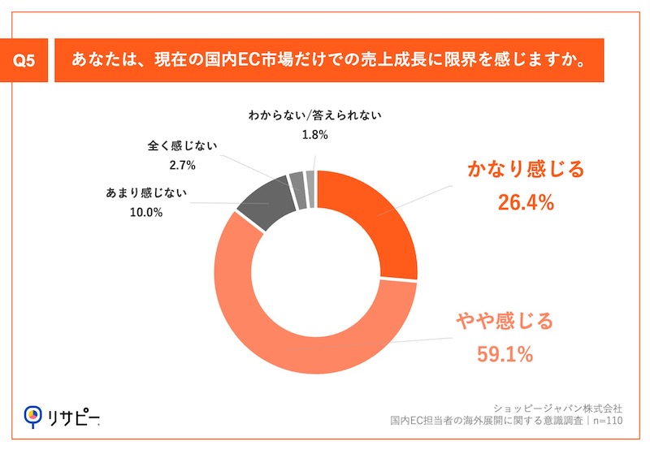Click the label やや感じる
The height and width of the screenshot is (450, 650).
click(x=504, y=322)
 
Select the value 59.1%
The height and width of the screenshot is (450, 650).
click(x=504, y=353)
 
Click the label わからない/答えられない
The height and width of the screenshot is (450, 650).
click(x=314, y=115)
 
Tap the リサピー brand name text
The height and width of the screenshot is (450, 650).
click(x=73, y=417)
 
